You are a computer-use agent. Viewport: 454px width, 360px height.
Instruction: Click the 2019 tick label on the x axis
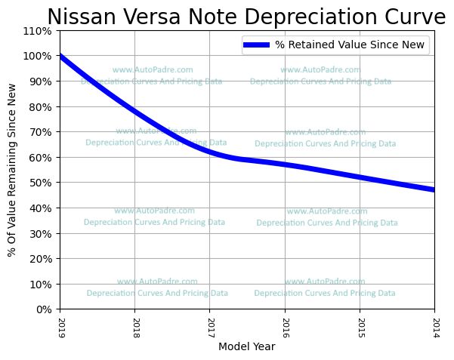60,326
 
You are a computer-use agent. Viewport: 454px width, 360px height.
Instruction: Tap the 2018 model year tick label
134,326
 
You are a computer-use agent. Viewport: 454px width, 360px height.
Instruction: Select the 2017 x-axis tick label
209,326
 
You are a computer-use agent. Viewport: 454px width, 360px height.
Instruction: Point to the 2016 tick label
285,326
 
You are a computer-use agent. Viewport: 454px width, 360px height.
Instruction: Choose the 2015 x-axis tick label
360,326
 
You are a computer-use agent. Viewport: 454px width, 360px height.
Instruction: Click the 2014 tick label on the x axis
434,326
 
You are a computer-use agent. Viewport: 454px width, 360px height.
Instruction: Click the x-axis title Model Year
247,347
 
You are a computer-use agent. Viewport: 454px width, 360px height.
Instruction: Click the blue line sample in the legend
257,45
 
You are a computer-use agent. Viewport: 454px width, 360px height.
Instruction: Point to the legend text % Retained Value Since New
351,45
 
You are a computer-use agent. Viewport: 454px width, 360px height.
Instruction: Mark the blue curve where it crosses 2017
209,152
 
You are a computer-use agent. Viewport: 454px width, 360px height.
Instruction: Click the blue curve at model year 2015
360,177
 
